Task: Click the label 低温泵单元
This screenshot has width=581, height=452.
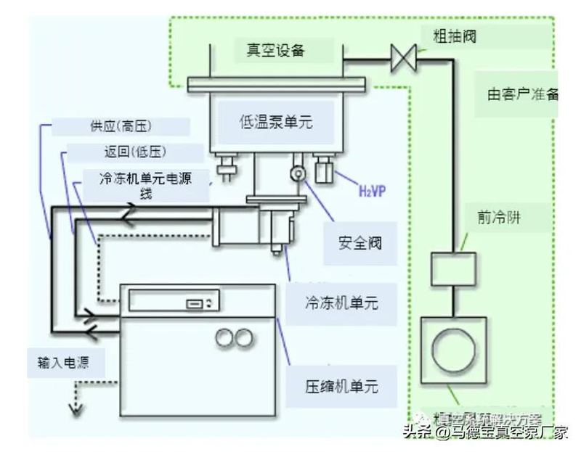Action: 276,122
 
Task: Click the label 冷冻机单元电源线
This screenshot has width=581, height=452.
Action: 147,186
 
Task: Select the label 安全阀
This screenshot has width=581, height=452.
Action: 359,242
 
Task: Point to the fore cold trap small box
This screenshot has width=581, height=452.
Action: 452,269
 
